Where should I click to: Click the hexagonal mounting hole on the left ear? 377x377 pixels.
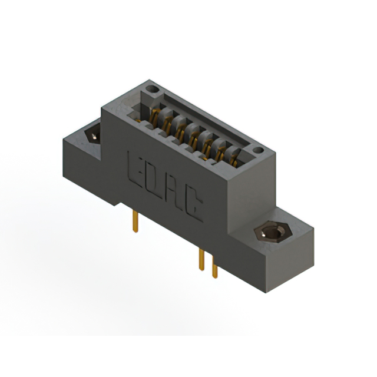click(93, 135)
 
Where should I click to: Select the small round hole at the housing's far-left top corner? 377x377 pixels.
click(153, 90)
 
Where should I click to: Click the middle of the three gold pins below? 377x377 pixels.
click(201, 259)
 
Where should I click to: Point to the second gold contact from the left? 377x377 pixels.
click(168, 124)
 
